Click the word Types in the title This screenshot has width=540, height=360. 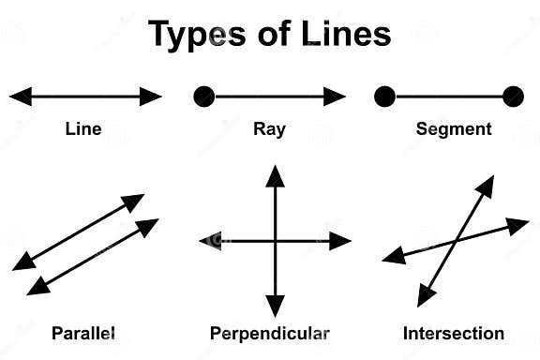(x=196, y=35)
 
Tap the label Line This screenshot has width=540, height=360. (x=83, y=129)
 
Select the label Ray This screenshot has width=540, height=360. (x=269, y=129)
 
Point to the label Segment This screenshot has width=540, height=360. (x=454, y=129)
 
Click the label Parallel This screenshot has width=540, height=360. (x=83, y=333)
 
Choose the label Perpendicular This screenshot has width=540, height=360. (x=270, y=333)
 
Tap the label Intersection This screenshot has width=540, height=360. (x=454, y=333)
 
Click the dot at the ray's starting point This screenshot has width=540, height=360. (x=203, y=96)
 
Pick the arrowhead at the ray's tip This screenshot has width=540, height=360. (x=336, y=96)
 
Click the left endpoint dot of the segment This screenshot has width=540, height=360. (x=383, y=96)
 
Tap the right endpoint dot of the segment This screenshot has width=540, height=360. (x=513, y=96)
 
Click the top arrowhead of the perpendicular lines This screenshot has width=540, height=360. (x=275, y=175)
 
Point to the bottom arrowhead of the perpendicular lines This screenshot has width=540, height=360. (x=275, y=306)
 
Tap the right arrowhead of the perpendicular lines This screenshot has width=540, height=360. (x=339, y=241)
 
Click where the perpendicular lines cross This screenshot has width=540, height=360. (x=275, y=241)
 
